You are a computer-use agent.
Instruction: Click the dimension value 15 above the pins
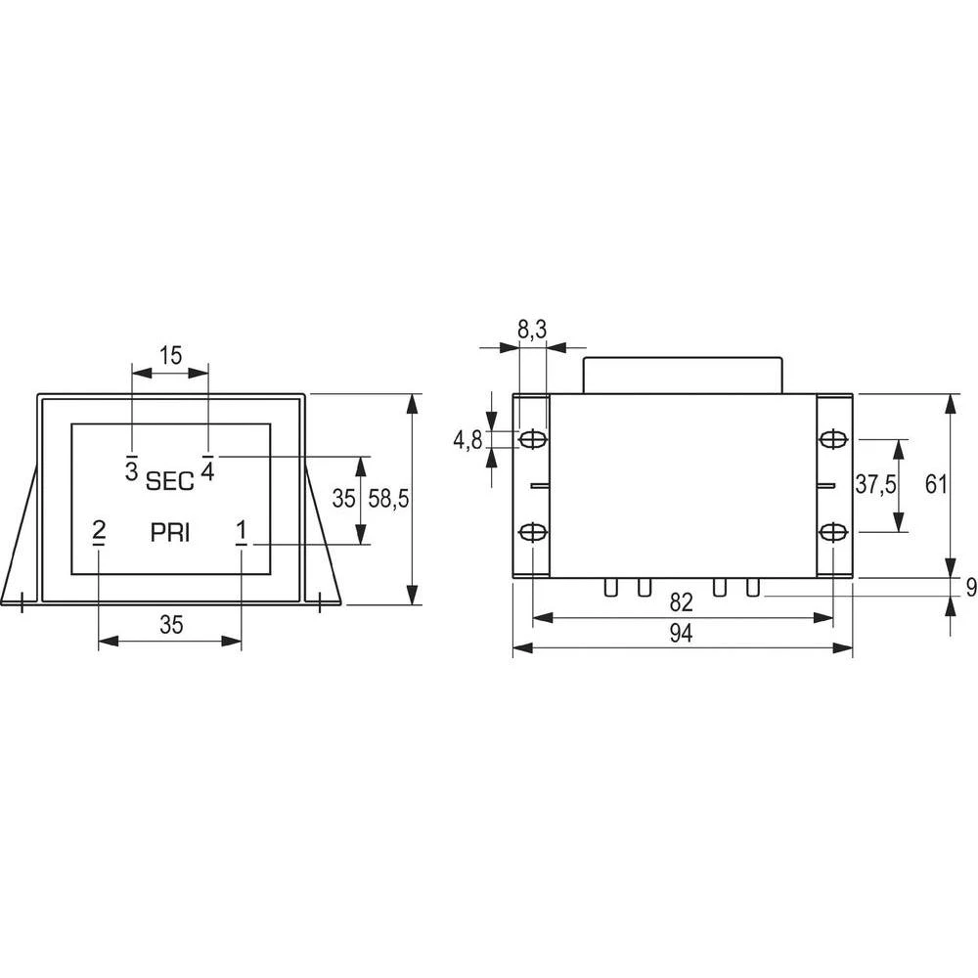pos(171,356)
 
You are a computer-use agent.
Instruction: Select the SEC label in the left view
pos(170,481)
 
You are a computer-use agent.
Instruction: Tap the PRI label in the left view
pos(170,533)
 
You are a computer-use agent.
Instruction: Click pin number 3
pos(131,469)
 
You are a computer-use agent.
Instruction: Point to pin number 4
pos(207,469)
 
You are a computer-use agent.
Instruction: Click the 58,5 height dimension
pos(388,499)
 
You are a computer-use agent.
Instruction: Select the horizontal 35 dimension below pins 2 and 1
pos(171,626)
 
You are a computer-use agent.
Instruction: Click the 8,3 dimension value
pos(532,332)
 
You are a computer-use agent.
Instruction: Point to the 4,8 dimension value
pos(467,441)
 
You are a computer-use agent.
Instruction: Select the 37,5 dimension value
pos(875,485)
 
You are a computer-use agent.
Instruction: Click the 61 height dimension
pos(937,485)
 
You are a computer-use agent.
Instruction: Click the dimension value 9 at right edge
pos(970,588)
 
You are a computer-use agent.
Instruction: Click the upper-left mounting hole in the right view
pos(532,440)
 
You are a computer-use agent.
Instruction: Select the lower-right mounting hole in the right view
pos(832,531)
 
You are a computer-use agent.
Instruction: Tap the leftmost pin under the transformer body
pos(610,587)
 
